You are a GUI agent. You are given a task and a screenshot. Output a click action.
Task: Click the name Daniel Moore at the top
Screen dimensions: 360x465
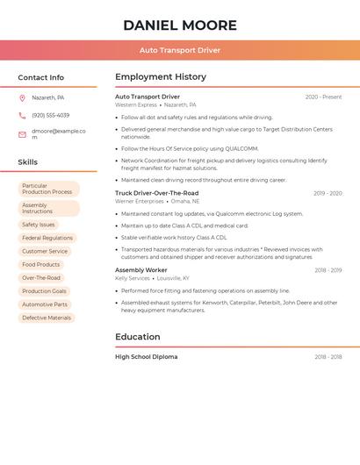180,25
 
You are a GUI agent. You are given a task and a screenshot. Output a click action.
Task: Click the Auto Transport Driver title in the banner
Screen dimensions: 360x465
180,50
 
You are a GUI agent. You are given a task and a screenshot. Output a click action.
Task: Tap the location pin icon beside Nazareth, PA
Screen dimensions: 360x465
22,97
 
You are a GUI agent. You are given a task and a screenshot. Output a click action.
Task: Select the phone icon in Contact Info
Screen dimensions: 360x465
22,115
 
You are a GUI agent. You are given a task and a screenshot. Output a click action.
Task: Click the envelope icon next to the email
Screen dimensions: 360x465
22,134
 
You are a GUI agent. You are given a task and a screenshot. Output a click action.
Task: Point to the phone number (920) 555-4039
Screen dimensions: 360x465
50,115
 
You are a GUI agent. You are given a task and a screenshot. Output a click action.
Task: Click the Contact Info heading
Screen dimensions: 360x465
40,77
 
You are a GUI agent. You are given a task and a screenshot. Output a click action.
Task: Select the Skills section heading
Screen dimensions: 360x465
27,162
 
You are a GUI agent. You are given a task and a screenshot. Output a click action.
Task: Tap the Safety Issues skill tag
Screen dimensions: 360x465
39,225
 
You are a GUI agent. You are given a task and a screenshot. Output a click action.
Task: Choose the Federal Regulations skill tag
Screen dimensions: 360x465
47,238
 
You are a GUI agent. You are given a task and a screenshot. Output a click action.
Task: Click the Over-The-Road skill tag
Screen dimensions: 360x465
41,278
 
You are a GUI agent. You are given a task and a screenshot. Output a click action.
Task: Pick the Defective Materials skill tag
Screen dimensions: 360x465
47,318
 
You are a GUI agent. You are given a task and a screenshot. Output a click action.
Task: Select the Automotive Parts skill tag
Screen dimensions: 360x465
45,304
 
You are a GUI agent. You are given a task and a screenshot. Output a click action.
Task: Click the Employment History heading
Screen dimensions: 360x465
161,76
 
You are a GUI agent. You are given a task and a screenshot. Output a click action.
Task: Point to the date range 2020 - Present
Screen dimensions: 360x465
323,97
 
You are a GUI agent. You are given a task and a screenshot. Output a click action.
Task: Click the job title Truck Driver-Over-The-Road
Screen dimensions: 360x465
156,193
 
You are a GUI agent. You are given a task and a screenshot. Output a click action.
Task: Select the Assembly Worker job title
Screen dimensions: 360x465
140,270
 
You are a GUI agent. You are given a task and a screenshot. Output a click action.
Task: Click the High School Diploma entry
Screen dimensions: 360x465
146,357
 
